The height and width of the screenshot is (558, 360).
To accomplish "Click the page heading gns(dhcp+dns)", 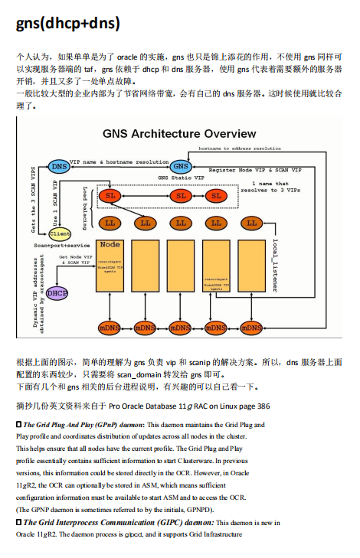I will [68, 24].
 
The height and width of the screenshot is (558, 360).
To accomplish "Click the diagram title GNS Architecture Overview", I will [179, 134].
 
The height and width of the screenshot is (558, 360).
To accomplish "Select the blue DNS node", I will [58, 165].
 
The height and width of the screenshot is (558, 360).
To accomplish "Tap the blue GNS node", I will [180, 166].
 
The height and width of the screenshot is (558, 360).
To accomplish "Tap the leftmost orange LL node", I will [110, 223].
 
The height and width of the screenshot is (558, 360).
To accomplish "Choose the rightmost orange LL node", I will [250, 223].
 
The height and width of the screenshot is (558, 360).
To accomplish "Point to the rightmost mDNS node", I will [251, 328].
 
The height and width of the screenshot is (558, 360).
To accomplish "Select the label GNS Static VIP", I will [180, 178].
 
